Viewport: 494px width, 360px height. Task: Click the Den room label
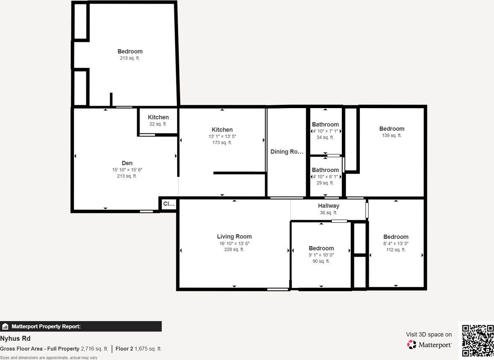(127, 163)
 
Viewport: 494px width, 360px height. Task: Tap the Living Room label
(234, 236)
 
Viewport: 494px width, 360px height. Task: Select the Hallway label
(328, 206)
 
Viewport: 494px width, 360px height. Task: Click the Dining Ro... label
(287, 152)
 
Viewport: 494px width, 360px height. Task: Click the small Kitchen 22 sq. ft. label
(158, 118)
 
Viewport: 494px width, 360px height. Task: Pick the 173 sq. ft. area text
(222, 143)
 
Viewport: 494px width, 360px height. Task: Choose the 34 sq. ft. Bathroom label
(325, 125)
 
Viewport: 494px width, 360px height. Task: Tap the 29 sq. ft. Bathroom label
(325, 170)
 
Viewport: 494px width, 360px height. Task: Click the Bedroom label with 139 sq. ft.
(391, 129)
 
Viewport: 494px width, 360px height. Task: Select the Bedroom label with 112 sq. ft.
(395, 237)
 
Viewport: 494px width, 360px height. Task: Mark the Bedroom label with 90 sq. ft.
(321, 248)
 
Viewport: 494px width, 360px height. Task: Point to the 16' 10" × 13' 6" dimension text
(234, 243)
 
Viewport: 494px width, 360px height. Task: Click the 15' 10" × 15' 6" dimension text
(127, 170)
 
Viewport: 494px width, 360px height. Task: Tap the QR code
(478, 340)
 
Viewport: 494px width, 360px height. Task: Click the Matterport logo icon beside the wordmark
(412, 344)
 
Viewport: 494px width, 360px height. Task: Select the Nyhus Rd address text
(15, 339)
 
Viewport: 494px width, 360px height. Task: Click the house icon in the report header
(5, 326)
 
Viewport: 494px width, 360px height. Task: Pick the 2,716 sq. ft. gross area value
(95, 349)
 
